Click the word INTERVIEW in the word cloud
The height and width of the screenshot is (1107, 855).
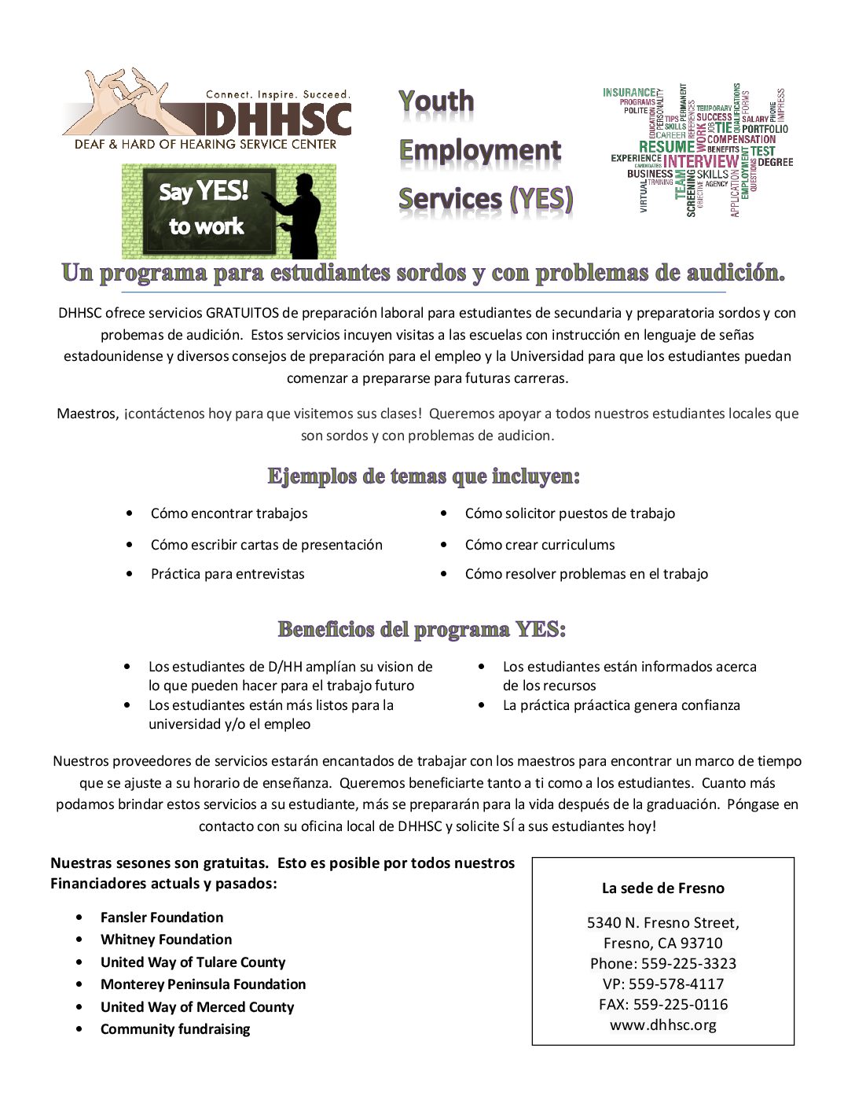pyautogui.click(x=701, y=162)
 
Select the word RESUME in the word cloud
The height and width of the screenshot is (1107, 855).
pyautogui.click(x=666, y=147)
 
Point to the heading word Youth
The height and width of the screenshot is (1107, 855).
pyautogui.click(x=436, y=101)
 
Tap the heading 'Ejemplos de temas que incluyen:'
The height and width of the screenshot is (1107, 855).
pyautogui.click(x=424, y=476)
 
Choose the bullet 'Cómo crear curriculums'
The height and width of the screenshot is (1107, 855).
pyautogui.click(x=539, y=544)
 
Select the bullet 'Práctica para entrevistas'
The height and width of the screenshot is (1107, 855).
pyautogui.click(x=227, y=574)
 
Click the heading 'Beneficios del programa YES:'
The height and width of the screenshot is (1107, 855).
pyautogui.click(x=422, y=629)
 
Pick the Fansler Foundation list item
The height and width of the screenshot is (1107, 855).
pyautogui.click(x=161, y=918)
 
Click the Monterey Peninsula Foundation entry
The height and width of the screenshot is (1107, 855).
pyautogui.click(x=203, y=984)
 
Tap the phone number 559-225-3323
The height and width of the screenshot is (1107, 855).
pyautogui.click(x=688, y=963)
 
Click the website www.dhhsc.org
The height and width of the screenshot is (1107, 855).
pyautogui.click(x=662, y=1024)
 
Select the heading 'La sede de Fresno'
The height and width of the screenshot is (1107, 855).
pyautogui.click(x=662, y=888)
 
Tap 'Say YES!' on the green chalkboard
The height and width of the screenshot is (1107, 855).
pyautogui.click(x=204, y=191)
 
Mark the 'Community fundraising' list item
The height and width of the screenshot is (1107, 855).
pyautogui.click(x=174, y=1029)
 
